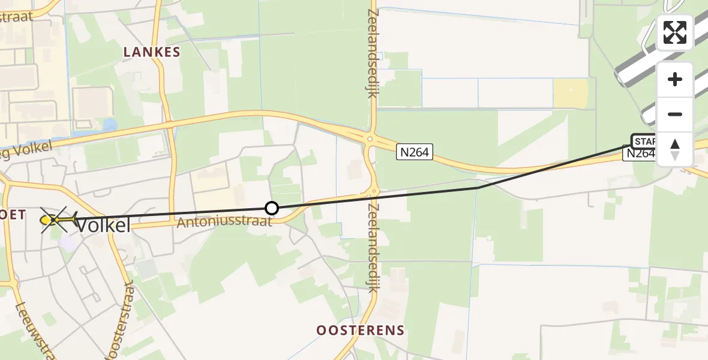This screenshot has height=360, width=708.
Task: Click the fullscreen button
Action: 675,32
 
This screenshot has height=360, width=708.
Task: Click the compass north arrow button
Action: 675,149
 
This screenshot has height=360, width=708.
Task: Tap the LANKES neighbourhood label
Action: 152,52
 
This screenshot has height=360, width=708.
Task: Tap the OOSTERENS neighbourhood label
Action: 361,331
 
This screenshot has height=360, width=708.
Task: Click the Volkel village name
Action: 103,226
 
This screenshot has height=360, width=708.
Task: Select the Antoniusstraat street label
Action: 225,222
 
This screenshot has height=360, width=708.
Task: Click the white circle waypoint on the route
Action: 272,208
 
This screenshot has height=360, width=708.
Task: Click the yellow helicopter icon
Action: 55,220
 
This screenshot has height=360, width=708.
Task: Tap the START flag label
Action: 644,142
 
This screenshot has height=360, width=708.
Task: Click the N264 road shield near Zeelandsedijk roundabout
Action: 414,152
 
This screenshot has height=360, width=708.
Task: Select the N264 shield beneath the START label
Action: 640,154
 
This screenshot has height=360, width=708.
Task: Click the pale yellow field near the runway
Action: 571,94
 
